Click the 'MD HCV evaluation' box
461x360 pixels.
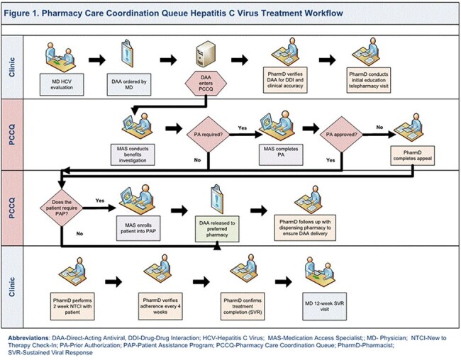[x=62, y=84]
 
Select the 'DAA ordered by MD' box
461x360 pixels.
[x=129, y=84]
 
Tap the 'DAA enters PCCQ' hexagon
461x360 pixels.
[x=206, y=83]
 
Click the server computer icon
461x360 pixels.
[x=206, y=54]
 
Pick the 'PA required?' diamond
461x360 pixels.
[x=208, y=135]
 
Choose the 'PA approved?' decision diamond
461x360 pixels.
[x=342, y=135]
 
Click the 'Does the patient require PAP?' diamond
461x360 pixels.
[x=62, y=208]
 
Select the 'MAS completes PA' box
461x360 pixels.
[x=281, y=154]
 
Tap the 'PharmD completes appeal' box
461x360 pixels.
[x=413, y=156]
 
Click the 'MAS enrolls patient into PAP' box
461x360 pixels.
[x=138, y=228]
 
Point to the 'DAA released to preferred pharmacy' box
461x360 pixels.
[x=217, y=229]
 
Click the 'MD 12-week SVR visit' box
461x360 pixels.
[x=325, y=306]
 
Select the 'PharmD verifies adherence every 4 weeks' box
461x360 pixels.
[x=160, y=306]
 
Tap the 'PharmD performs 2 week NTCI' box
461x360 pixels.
[x=72, y=306]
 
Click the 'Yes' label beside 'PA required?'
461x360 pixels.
[x=243, y=128]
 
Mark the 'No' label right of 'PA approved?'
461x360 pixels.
[x=379, y=128]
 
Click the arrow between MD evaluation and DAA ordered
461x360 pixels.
[x=97, y=60]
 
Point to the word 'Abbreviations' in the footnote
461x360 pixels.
[x=28, y=338]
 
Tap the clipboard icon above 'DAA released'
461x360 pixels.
[x=217, y=199]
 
